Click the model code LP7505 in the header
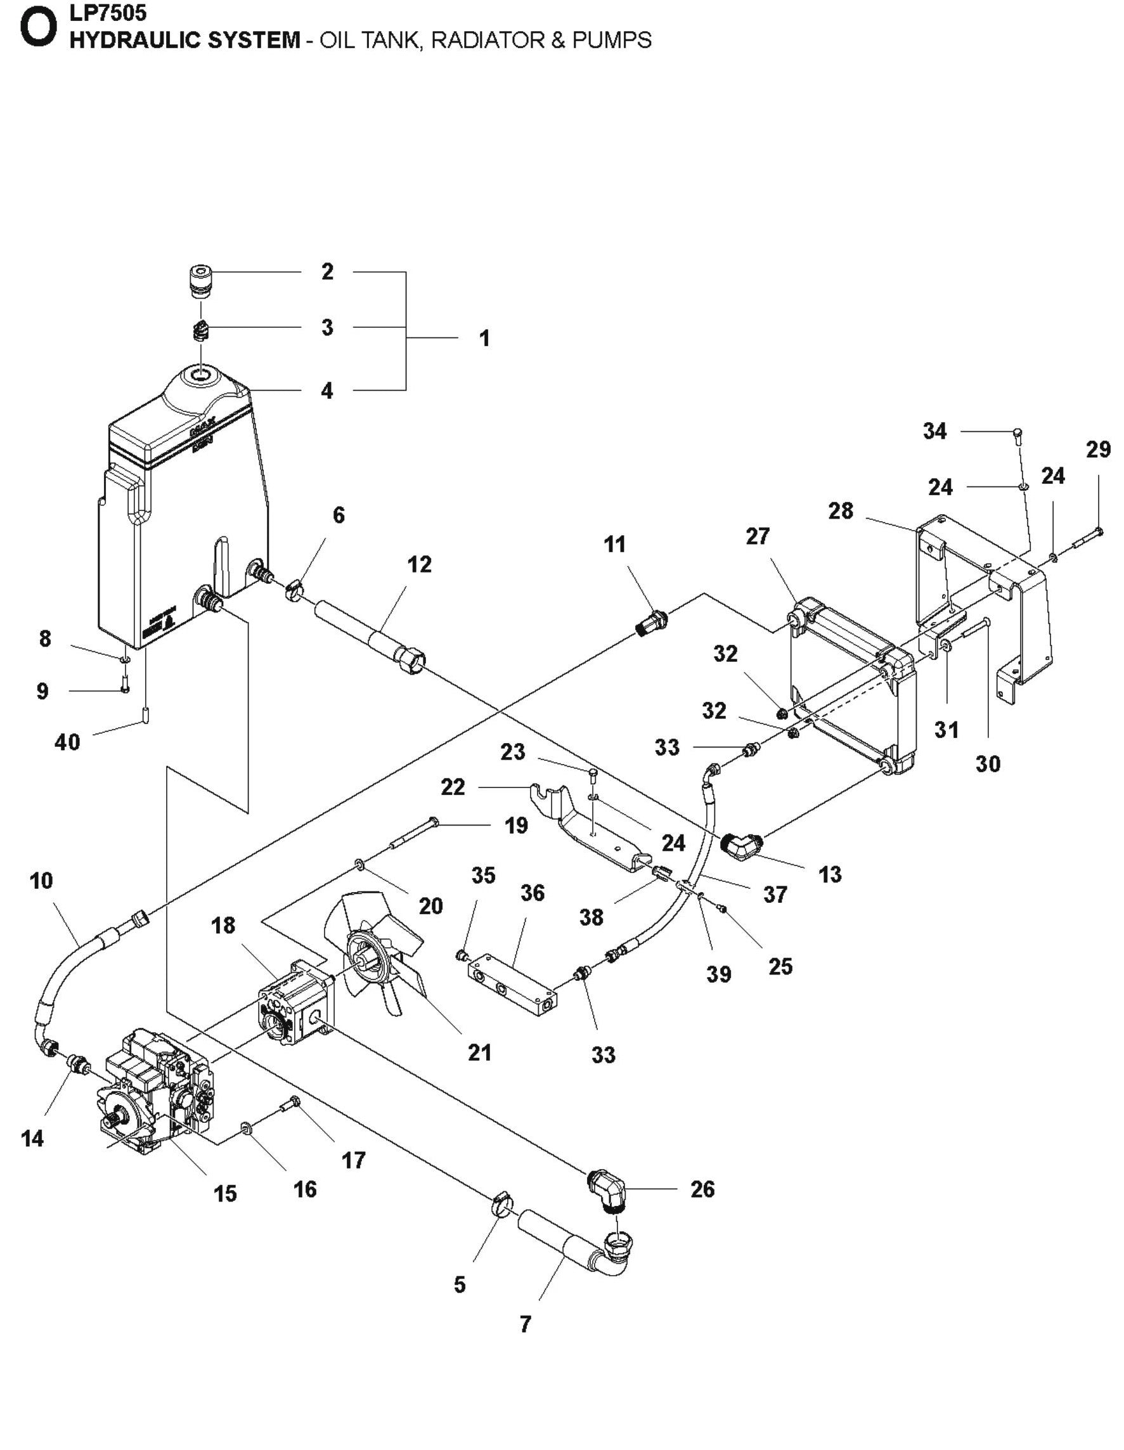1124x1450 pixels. [108, 12]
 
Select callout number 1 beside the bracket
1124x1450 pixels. [484, 338]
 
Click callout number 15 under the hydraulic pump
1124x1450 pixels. [225, 1193]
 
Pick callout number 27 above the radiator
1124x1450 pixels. [758, 536]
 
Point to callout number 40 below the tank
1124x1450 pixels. [67, 742]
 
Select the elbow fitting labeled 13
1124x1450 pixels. [742, 846]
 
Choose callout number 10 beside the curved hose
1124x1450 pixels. [41, 881]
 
